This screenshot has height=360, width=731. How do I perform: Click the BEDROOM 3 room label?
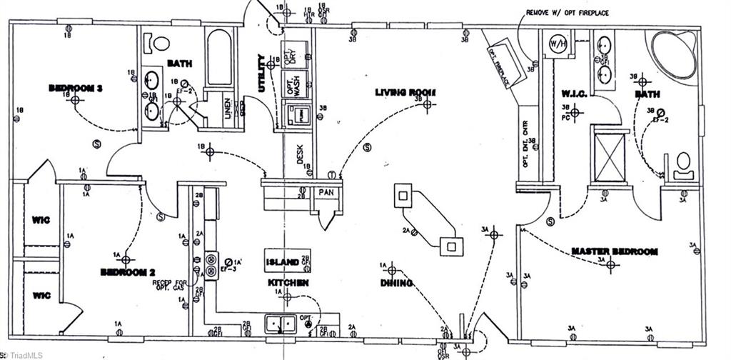pyautogui.click(x=76, y=88)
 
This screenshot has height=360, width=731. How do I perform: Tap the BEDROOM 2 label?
pyautogui.click(x=128, y=272)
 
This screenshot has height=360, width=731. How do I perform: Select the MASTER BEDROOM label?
pyautogui.click(x=615, y=251)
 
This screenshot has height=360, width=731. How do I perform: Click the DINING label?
pyautogui.click(x=396, y=283)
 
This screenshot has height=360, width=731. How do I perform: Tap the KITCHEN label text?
pyautogui.click(x=288, y=284)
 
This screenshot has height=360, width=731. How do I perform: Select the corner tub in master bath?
pyautogui.click(x=674, y=54)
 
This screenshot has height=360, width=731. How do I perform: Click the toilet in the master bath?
pyautogui.click(x=684, y=164)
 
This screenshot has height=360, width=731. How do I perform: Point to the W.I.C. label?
pyautogui.click(x=575, y=93)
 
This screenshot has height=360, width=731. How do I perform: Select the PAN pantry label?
pyautogui.click(x=325, y=193)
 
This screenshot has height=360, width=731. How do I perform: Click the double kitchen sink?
pyautogui.click(x=281, y=324)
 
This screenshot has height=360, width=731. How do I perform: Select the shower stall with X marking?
pyautogui.click(x=610, y=157)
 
